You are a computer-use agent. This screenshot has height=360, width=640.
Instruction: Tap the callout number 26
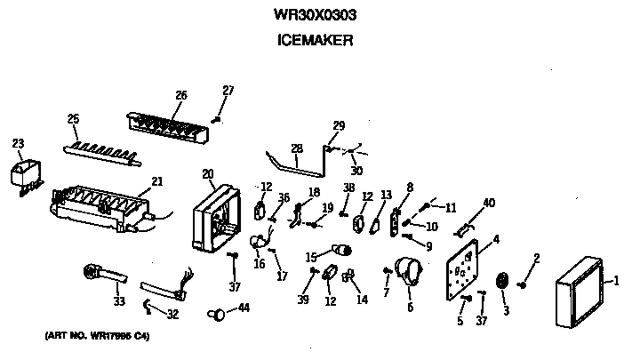tap(181, 96)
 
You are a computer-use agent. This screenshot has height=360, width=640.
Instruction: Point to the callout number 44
tap(243, 308)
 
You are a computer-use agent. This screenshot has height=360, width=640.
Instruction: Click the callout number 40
tap(489, 203)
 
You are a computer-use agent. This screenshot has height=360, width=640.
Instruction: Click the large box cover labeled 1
tap(581, 294)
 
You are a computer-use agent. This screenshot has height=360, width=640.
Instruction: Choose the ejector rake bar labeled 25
tap(104, 149)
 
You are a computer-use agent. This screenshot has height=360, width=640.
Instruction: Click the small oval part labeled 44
tap(216, 313)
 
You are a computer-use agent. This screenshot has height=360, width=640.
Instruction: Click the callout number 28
tap(296, 148)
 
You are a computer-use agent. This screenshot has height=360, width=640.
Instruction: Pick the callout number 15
tap(311, 258)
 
